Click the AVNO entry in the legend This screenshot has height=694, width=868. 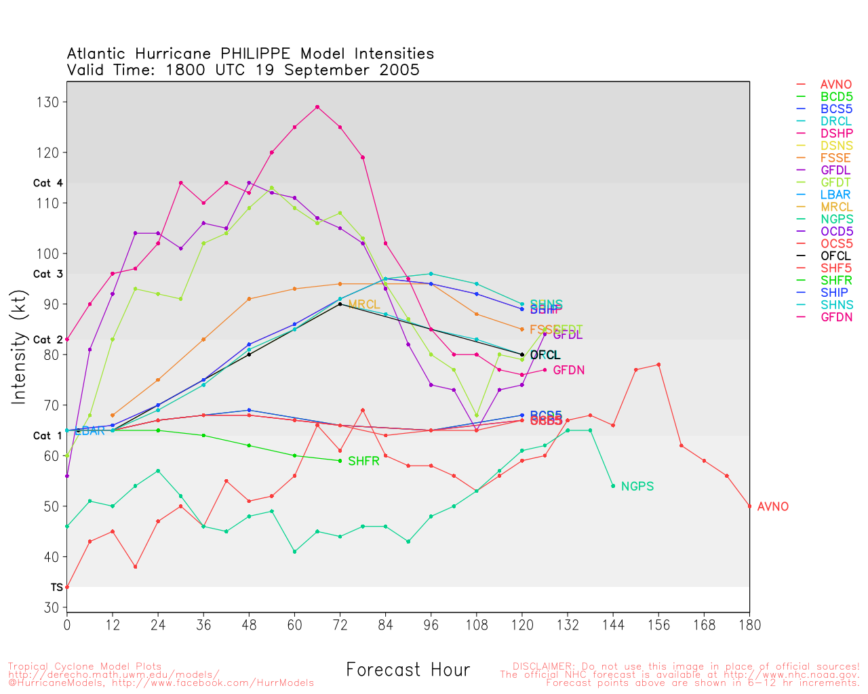[835, 85]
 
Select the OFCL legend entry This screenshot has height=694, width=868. [835, 256]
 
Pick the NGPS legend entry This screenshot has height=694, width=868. [835, 220]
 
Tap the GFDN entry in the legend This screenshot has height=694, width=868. [835, 317]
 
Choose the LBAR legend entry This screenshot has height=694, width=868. [835, 195]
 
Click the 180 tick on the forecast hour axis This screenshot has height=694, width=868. [749, 624]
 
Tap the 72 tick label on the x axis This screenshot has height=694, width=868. [340, 624]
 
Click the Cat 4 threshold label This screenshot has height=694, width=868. [48, 184]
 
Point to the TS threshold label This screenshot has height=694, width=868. [57, 588]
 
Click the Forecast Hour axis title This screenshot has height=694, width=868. [408, 670]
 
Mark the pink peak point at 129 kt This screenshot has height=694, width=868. [317, 107]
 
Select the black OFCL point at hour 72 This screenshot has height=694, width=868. [340, 304]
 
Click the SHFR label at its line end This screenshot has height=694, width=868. [363, 462]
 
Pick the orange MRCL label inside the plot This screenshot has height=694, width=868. [363, 305]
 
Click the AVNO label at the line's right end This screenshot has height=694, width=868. [773, 507]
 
